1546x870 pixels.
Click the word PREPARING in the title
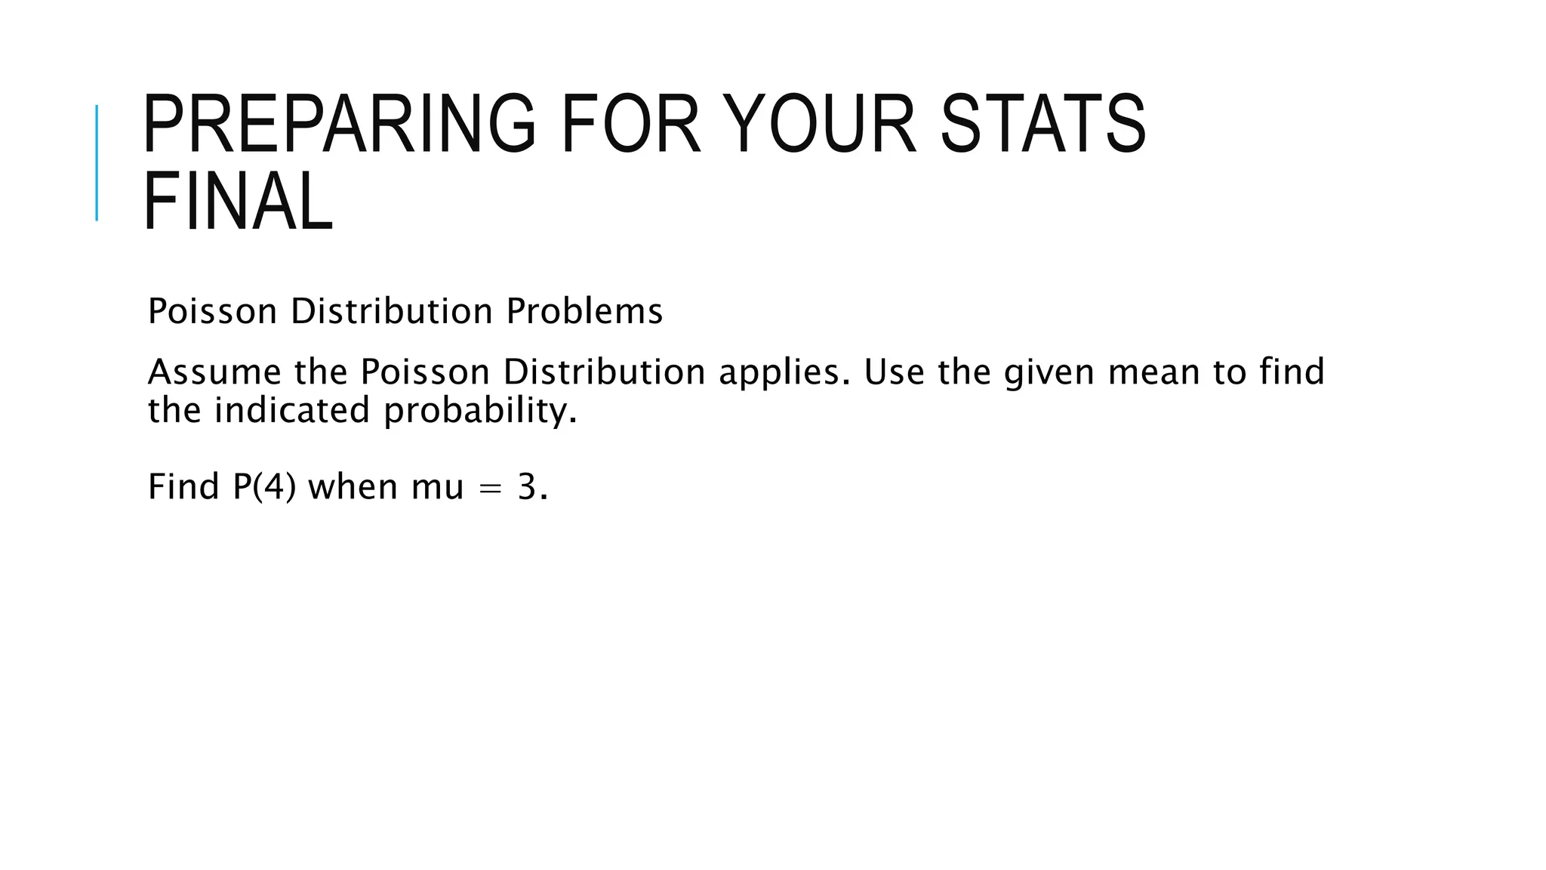click(x=339, y=123)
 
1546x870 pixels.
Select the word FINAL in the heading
click(x=238, y=202)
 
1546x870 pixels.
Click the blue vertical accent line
click(x=97, y=162)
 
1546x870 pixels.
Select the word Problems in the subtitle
click(x=584, y=311)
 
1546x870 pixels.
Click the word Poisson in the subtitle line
click(x=212, y=311)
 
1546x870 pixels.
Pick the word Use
click(x=894, y=372)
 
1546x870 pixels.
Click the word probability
click(x=479, y=412)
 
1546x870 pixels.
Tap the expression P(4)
click(x=264, y=486)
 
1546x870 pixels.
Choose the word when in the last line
click(x=353, y=486)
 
